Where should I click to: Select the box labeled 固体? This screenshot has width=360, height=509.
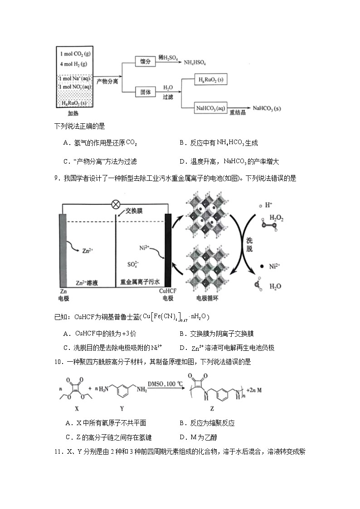tap(146, 92)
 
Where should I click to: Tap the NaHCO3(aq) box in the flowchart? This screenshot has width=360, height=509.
tap(210, 108)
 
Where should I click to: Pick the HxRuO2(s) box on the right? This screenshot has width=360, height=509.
tap(210, 80)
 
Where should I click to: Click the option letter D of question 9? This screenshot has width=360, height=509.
tap(182, 348)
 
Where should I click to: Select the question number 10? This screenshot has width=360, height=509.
tap(57, 362)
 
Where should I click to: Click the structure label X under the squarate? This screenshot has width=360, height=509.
tap(77, 408)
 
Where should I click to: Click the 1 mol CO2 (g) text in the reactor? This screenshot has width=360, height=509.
tap(75, 54)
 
